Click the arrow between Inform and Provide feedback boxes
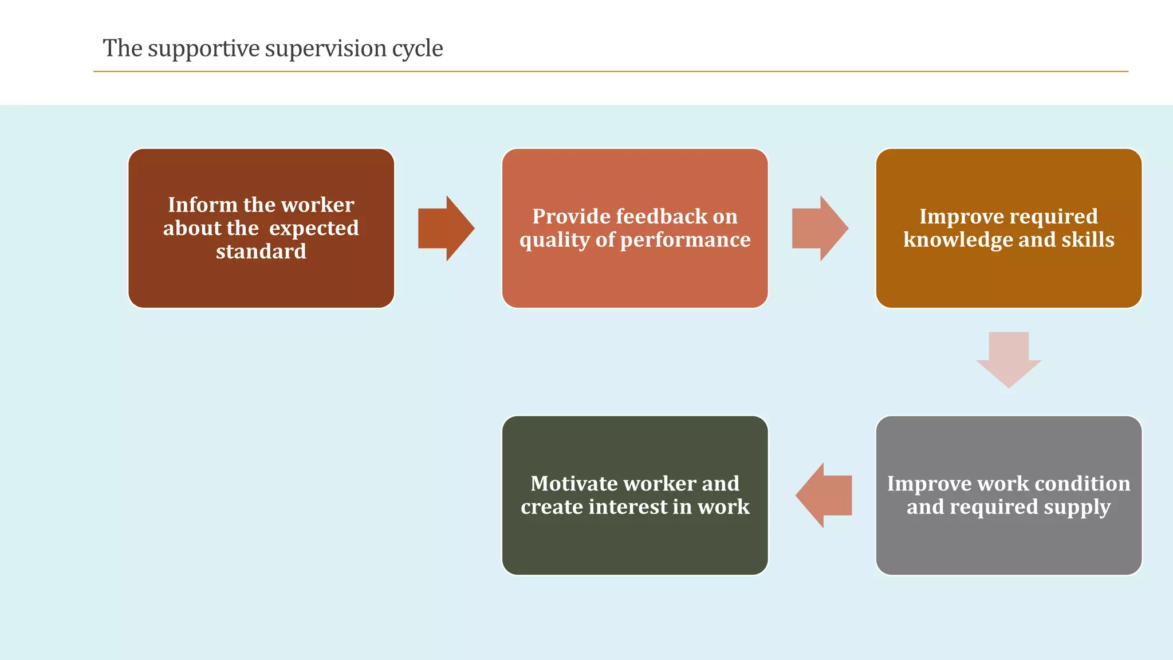(x=446, y=229)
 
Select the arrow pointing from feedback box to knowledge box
(x=820, y=229)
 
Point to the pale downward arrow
(x=1009, y=359)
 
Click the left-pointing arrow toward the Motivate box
(x=824, y=495)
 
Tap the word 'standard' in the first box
(x=261, y=252)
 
